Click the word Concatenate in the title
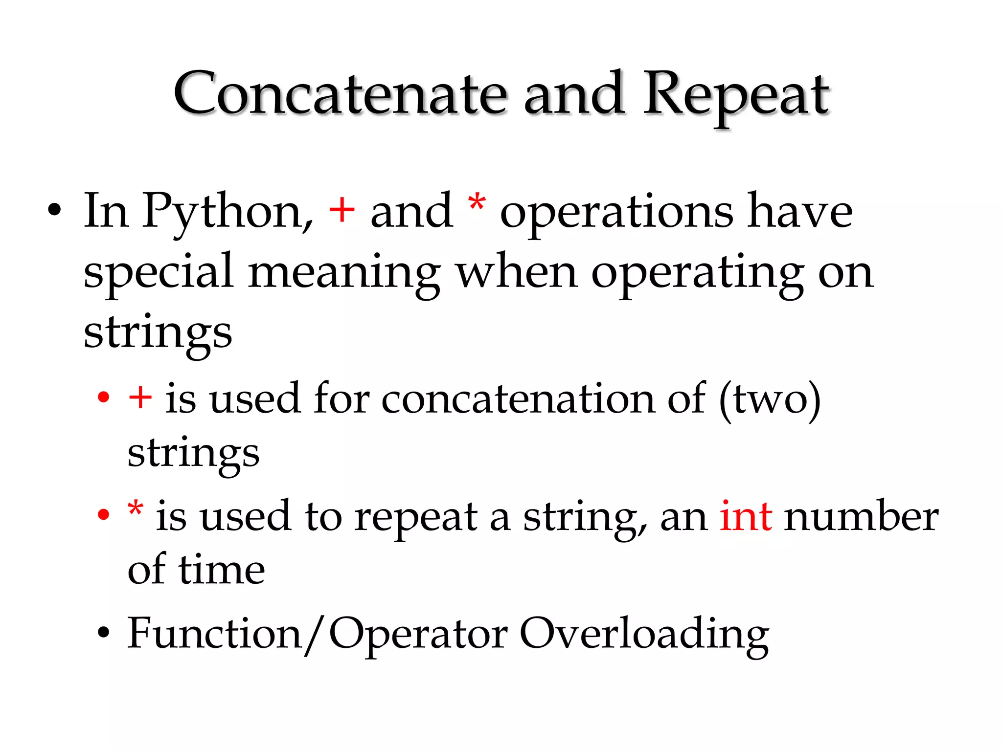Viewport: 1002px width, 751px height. pos(340,94)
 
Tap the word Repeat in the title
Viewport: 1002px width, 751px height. pos(736,95)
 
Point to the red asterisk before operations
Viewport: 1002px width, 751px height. pos(477,203)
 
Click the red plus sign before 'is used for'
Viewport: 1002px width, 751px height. pos(140,397)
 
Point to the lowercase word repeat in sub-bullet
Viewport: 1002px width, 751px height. pos(415,517)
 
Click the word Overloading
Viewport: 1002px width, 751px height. pos(644,635)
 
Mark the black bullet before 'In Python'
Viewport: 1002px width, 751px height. pos(55,211)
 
